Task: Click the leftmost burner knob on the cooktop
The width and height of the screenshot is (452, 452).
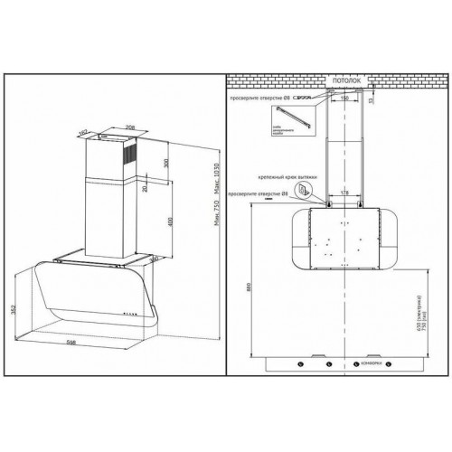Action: (300, 363)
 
